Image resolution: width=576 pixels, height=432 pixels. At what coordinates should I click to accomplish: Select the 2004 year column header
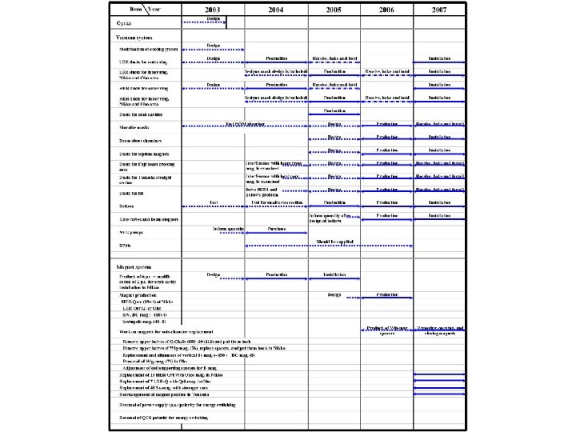[x=275, y=9]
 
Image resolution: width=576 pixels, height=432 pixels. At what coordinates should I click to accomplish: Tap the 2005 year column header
[x=334, y=9]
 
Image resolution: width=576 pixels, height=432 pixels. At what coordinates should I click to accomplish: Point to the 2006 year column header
[x=387, y=9]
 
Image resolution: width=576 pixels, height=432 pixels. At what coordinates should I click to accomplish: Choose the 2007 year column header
[x=439, y=9]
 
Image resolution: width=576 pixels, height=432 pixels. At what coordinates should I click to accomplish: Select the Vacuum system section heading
[x=127, y=37]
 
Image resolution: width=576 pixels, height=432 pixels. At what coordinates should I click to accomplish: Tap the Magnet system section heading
[x=126, y=264]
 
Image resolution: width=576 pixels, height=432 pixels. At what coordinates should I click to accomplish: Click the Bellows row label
[x=121, y=205]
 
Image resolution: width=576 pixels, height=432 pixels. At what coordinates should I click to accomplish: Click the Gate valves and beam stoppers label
[x=144, y=218]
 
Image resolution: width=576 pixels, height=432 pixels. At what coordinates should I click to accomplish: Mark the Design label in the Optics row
[x=214, y=18]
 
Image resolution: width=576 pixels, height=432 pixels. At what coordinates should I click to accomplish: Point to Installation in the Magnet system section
[x=334, y=274]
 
